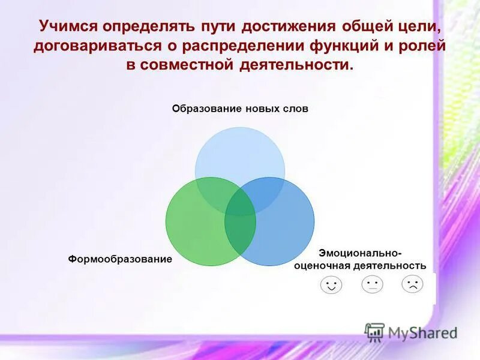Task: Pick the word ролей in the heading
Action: [418, 46]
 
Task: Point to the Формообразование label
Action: [120, 259]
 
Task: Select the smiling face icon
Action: [331, 284]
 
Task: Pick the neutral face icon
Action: [372, 284]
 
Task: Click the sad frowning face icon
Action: [412, 283]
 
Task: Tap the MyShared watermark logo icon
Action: [374, 332]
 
